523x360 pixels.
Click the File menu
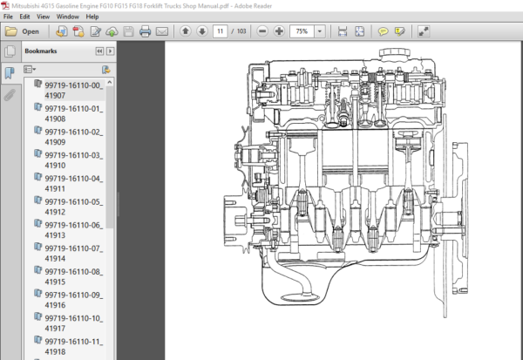pyautogui.click(x=8, y=17)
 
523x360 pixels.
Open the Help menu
pyautogui.click(x=92, y=17)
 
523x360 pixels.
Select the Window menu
pyautogui.click(x=68, y=17)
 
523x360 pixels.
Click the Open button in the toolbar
pyautogui.click(x=23, y=31)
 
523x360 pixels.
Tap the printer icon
pyautogui.click(x=145, y=31)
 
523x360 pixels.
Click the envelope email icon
pyautogui.click(x=162, y=31)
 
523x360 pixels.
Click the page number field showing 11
pyautogui.click(x=221, y=31)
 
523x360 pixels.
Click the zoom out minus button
pyautogui.click(x=262, y=31)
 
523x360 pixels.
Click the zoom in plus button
pyautogui.click(x=279, y=31)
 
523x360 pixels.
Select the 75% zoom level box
pyautogui.click(x=302, y=31)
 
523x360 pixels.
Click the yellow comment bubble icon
pyautogui.click(x=383, y=31)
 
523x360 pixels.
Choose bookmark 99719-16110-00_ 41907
pyautogui.click(x=74, y=90)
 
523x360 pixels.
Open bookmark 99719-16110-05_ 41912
pyautogui.click(x=74, y=207)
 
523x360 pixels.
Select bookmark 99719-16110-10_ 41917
pyautogui.click(x=74, y=323)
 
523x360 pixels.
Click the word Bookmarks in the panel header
pyautogui.click(x=41, y=51)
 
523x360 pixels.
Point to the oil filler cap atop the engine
pyautogui.click(x=395, y=53)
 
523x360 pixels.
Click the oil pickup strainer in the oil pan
pyautogui.click(x=300, y=297)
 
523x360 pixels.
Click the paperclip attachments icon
pyautogui.click(x=10, y=95)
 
